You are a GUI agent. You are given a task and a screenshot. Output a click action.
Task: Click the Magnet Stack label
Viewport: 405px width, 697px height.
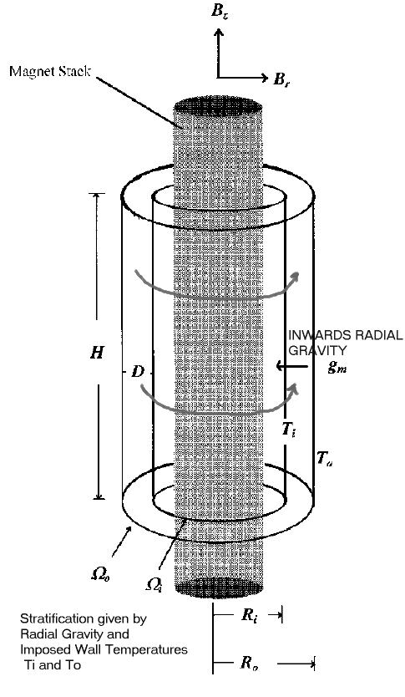coord(50,71)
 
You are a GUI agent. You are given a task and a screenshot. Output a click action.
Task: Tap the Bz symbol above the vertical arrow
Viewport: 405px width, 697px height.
coord(220,11)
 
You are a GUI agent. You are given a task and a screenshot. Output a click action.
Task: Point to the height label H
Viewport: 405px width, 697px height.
coord(96,353)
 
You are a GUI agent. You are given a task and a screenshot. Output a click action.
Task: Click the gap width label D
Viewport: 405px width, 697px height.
coord(138,372)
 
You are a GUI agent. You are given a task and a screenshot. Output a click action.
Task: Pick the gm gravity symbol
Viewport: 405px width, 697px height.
coord(337,366)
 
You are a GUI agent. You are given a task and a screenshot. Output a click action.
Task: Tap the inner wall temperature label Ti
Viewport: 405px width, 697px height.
coord(289,430)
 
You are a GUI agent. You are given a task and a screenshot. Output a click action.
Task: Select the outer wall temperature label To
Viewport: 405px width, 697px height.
coord(325,458)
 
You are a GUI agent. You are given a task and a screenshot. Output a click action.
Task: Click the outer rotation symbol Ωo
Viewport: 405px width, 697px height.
coord(100,574)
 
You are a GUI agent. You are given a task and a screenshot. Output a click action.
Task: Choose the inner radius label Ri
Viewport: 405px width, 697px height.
coord(249,615)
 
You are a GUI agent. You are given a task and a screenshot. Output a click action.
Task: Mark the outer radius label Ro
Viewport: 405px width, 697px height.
coord(250,663)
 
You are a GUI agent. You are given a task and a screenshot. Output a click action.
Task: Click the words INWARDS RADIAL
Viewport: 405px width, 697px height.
coord(346,335)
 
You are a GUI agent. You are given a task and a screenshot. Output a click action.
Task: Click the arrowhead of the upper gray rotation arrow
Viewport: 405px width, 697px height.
coord(295,276)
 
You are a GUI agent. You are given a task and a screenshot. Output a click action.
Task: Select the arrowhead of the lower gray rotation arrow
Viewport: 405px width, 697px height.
coord(294,388)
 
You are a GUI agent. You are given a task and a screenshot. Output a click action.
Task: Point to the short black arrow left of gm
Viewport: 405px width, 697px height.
coord(291,366)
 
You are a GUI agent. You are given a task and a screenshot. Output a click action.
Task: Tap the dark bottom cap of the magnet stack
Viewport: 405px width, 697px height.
coord(219,588)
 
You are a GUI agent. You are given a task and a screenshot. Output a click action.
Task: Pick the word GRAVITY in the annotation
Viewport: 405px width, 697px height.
coord(317,350)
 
